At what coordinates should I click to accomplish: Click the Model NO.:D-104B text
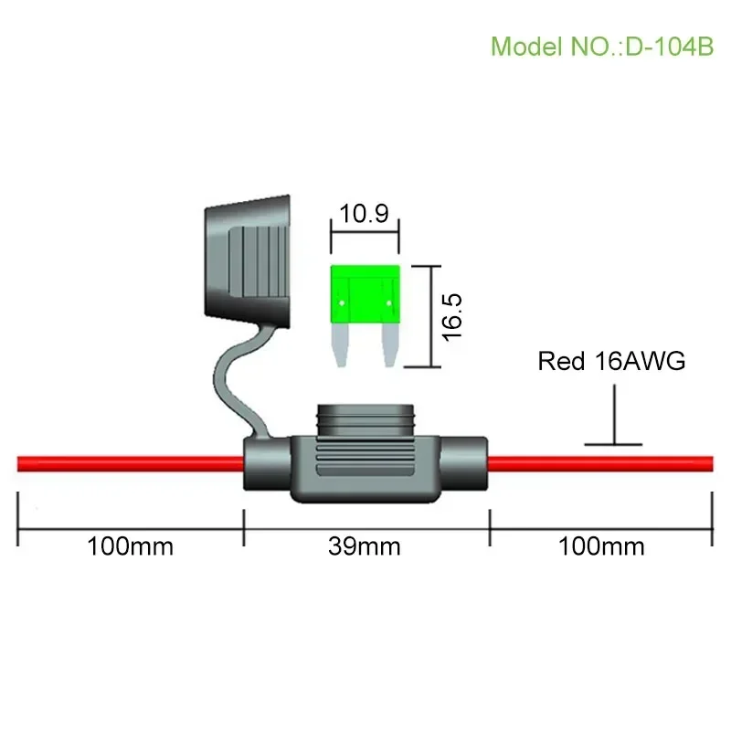point(601,46)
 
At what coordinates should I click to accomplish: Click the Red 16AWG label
point(611,361)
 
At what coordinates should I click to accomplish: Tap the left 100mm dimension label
point(130,546)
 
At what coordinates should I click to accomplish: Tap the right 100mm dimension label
point(601,546)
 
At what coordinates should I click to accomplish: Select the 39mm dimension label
point(365,546)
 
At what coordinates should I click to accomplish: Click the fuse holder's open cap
point(247,260)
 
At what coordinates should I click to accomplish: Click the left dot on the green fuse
point(341,301)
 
